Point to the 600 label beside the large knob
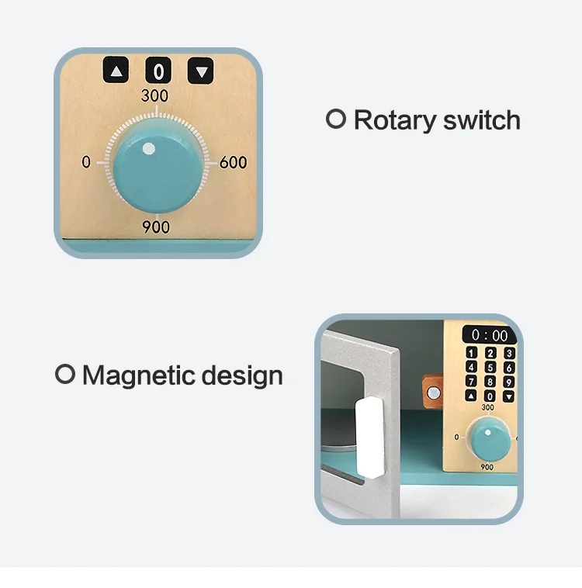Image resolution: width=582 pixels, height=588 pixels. coord(233,162)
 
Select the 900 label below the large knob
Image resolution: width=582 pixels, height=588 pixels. coord(155,227)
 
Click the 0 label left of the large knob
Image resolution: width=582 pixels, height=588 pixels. coord(86,162)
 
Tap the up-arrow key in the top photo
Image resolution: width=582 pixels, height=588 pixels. coord(116,72)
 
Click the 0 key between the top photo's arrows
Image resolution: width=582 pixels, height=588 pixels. coord(158,72)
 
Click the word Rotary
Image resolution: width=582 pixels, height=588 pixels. coord(392,121)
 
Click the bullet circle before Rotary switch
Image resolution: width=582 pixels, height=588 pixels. coord(335,119)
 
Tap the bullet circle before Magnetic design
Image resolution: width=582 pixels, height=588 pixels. coord(65,375)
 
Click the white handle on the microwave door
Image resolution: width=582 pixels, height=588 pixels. coord(370,435)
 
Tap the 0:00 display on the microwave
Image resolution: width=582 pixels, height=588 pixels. coord(489,335)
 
